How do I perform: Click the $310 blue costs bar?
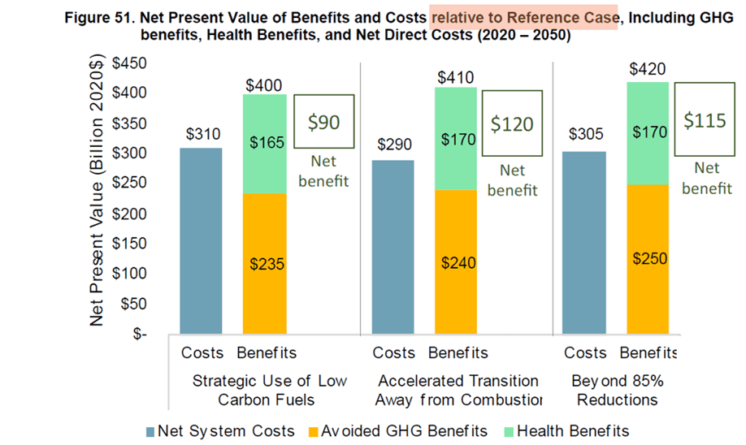click(200, 240)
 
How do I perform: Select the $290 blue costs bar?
click(393, 247)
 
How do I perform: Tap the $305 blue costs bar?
click(585, 242)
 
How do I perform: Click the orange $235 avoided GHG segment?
click(263, 263)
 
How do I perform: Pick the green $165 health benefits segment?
click(263, 143)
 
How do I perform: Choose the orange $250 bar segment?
click(647, 258)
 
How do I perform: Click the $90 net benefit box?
click(323, 122)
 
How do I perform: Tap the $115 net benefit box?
click(705, 119)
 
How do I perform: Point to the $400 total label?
click(263, 84)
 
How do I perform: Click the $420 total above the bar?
click(648, 68)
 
